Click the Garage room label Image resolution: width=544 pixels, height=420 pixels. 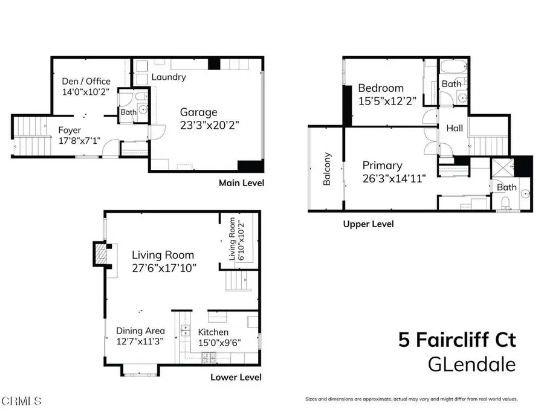198,112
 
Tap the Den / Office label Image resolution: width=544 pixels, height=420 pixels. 86,82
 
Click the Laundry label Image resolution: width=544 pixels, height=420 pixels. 169,77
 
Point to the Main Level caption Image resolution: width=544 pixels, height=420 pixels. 242,183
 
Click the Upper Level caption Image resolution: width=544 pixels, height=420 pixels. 368,224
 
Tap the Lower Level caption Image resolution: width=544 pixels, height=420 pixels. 236,377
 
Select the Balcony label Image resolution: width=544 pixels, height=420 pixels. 327,169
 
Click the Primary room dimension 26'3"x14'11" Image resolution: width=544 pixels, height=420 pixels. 391,178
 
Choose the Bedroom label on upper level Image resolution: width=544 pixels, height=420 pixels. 381,88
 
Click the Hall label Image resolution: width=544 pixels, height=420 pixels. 455,128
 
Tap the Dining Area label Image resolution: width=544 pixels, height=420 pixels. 140,331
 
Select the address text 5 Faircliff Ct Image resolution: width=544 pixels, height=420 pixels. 456,340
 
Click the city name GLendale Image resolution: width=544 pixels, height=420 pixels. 471,364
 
